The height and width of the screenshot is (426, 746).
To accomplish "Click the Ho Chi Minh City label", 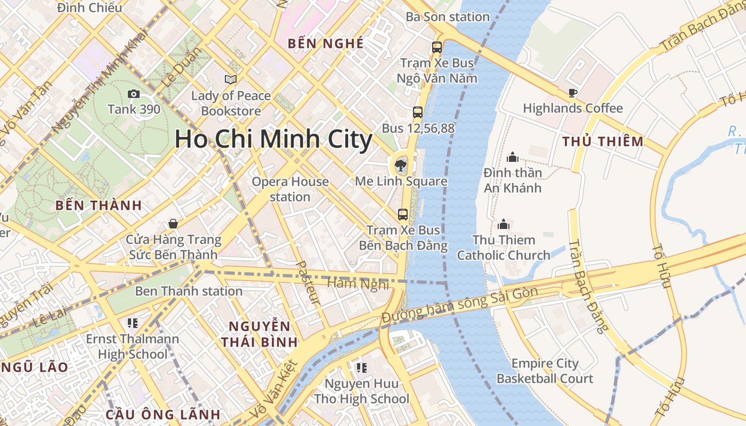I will coord(273,140).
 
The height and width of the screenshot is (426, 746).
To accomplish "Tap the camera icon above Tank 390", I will coord(134,94).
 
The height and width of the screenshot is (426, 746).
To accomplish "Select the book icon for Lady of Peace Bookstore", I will coord(231,79).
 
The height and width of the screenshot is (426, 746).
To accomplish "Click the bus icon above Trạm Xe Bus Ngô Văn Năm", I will coord(437,47).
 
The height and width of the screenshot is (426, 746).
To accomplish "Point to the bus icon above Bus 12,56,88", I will coord(418,112).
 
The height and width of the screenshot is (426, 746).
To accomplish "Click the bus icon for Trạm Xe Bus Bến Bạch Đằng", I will coord(403,215).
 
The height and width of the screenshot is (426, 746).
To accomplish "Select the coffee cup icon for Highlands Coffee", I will coord(573,93).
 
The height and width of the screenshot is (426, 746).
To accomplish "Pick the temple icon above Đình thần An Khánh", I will coord(513,157).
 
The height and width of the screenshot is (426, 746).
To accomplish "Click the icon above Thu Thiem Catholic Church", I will coord(504,224).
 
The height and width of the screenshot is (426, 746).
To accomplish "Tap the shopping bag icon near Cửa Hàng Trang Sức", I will coord(173,224).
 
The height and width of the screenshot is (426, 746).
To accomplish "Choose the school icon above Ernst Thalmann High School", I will coord(133,323).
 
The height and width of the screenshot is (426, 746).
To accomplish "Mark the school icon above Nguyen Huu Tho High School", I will coord(362,367).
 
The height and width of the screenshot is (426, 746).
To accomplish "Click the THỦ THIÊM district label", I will coord(603,142).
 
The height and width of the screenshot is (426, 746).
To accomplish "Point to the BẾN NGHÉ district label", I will coord(326,44).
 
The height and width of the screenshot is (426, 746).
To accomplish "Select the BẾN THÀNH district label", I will coord(99,206).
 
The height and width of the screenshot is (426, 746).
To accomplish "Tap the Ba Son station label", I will coord(448,17).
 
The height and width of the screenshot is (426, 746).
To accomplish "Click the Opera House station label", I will coord(290,189).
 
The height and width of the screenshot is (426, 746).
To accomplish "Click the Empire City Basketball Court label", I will coord(545,371).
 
